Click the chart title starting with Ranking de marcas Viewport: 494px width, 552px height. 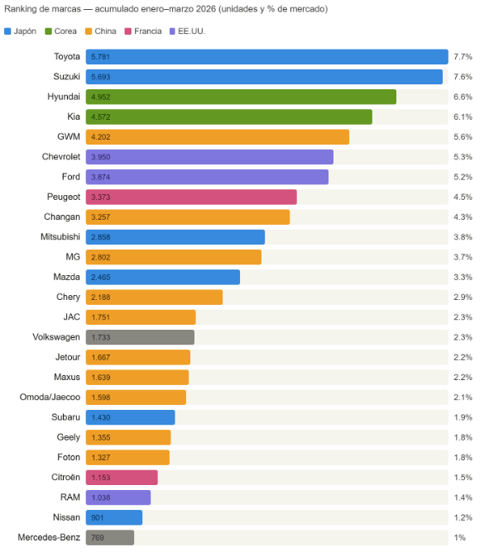click(165, 9)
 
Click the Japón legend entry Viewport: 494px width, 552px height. click(21, 31)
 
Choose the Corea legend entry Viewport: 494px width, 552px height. click(60, 31)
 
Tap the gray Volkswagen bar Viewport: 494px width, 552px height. click(140, 337)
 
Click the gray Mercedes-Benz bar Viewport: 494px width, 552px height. click(110, 537)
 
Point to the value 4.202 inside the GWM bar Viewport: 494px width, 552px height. click(100, 137)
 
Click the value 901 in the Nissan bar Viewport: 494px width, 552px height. click(98, 517)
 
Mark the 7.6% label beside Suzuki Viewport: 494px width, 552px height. click(463, 77)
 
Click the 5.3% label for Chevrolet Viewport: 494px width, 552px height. click(463, 157)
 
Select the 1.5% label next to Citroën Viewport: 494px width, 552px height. click(463, 478)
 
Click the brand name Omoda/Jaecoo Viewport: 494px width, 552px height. click(50, 397)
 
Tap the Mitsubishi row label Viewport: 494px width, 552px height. click(57, 237)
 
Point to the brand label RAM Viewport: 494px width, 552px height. click(70, 497)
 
